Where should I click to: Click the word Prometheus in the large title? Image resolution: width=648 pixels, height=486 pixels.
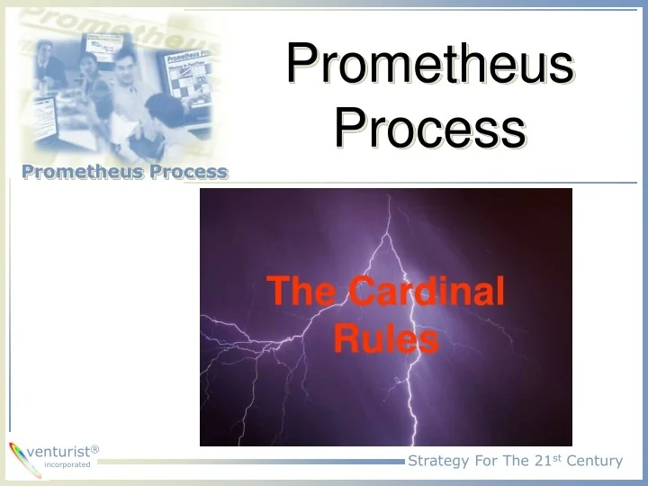pyautogui.click(x=430, y=66)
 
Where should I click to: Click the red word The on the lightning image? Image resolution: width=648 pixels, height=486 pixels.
pyautogui.click(x=303, y=292)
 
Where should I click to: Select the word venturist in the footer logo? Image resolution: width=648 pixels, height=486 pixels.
pyautogui.click(x=58, y=451)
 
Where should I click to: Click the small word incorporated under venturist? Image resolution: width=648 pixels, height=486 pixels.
pyautogui.click(x=67, y=465)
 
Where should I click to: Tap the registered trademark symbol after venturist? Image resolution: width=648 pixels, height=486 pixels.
pyautogui.click(x=95, y=448)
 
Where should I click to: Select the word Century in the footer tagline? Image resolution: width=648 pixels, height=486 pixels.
pyautogui.click(x=595, y=461)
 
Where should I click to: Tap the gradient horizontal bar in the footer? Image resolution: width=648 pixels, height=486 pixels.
pyautogui.click(x=252, y=462)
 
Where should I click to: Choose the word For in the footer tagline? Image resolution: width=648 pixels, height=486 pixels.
pyautogui.click(x=491, y=461)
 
